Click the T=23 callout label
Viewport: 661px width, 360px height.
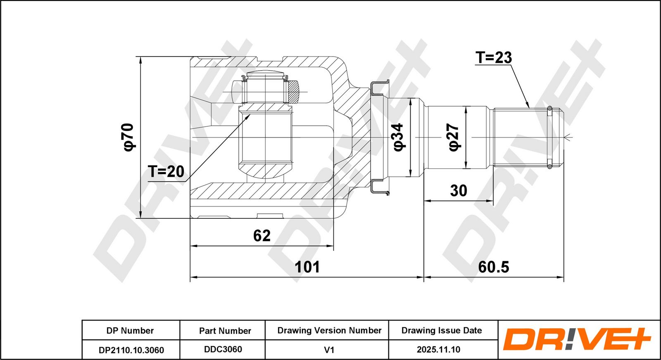(x=494, y=57)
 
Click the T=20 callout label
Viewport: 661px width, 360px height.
(x=166, y=171)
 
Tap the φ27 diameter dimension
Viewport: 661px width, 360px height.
(x=454, y=137)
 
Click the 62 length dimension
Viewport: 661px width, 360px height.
(x=262, y=236)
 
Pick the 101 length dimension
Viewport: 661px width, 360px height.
(x=307, y=267)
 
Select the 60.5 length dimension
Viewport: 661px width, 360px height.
(x=493, y=267)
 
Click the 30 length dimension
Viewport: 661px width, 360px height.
(x=458, y=190)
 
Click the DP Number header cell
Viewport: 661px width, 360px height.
(x=130, y=331)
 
